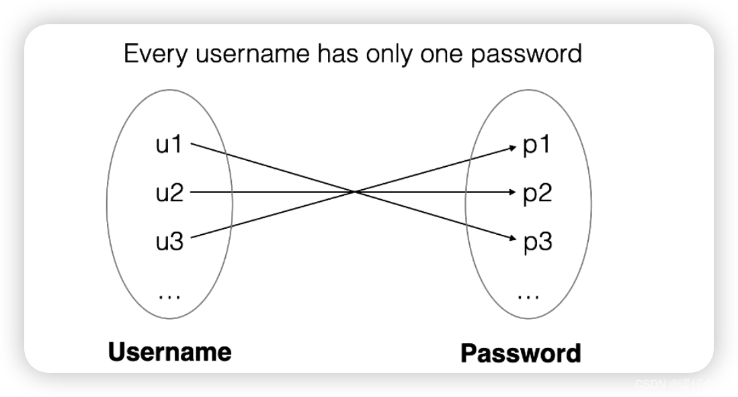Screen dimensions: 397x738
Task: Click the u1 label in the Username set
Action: (x=169, y=144)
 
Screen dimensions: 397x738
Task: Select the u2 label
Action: (x=169, y=193)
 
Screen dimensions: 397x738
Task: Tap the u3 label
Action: (x=169, y=241)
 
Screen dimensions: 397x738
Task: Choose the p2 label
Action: (x=537, y=194)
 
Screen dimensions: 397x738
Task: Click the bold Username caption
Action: (x=169, y=351)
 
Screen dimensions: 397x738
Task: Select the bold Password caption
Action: (x=521, y=353)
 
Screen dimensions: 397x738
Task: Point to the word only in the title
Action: (x=390, y=54)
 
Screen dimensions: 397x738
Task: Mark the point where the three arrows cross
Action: (x=354, y=192)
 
